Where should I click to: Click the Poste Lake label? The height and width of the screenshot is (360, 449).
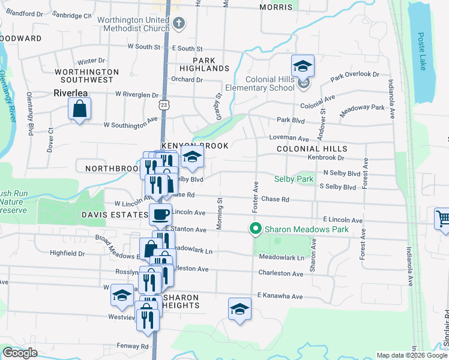pyautogui.click(x=422, y=51)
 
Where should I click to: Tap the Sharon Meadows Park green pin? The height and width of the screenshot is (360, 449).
pyautogui.click(x=256, y=229)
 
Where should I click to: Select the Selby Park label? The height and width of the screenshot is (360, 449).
pyautogui.click(x=294, y=179)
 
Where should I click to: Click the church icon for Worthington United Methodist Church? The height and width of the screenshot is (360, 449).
pyautogui.click(x=178, y=24)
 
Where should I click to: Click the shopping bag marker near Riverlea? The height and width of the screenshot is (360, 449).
pyautogui.click(x=79, y=109)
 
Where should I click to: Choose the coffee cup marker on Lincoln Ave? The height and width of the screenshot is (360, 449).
pyautogui.click(x=160, y=214)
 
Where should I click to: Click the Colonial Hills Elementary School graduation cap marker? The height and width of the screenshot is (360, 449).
pyautogui.click(x=303, y=66)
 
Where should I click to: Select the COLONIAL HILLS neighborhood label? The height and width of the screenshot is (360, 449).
pyautogui.click(x=312, y=149)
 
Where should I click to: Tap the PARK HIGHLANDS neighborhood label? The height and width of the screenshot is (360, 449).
pyautogui.click(x=211, y=64)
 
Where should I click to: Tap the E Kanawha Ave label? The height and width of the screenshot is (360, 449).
pyautogui.click(x=280, y=295)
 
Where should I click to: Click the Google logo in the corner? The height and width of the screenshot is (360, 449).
pyautogui.click(x=20, y=353)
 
